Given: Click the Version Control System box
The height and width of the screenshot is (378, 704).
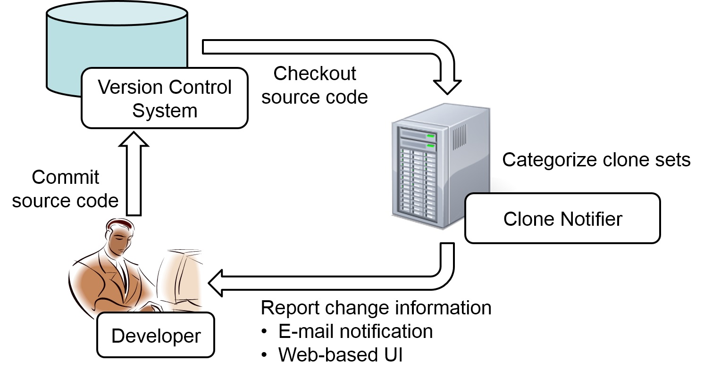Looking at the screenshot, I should coord(164,98).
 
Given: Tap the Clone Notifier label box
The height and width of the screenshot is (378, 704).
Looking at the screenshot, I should coord(562,218).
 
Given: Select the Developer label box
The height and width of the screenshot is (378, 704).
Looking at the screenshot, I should coord(156,336).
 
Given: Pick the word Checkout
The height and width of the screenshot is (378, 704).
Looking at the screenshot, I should coord(315,74).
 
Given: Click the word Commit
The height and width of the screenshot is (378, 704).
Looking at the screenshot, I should coord(66,178).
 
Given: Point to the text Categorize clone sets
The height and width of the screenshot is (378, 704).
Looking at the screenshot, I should coord(596,160).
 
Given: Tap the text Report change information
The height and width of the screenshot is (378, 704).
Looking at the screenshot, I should coord(376,308).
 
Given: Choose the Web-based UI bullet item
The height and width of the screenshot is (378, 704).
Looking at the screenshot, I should coord(340,354).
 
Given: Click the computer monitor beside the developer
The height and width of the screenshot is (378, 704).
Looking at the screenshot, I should coord(182,278).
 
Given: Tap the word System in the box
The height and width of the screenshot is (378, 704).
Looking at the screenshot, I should coord(164,111).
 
